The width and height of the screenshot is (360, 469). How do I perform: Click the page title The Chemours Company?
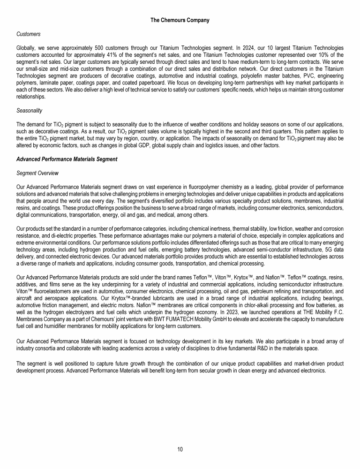click(x=180, y=20)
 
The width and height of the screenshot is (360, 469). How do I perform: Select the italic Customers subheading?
click(x=28, y=34)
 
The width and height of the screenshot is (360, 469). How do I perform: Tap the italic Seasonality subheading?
click(x=29, y=111)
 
